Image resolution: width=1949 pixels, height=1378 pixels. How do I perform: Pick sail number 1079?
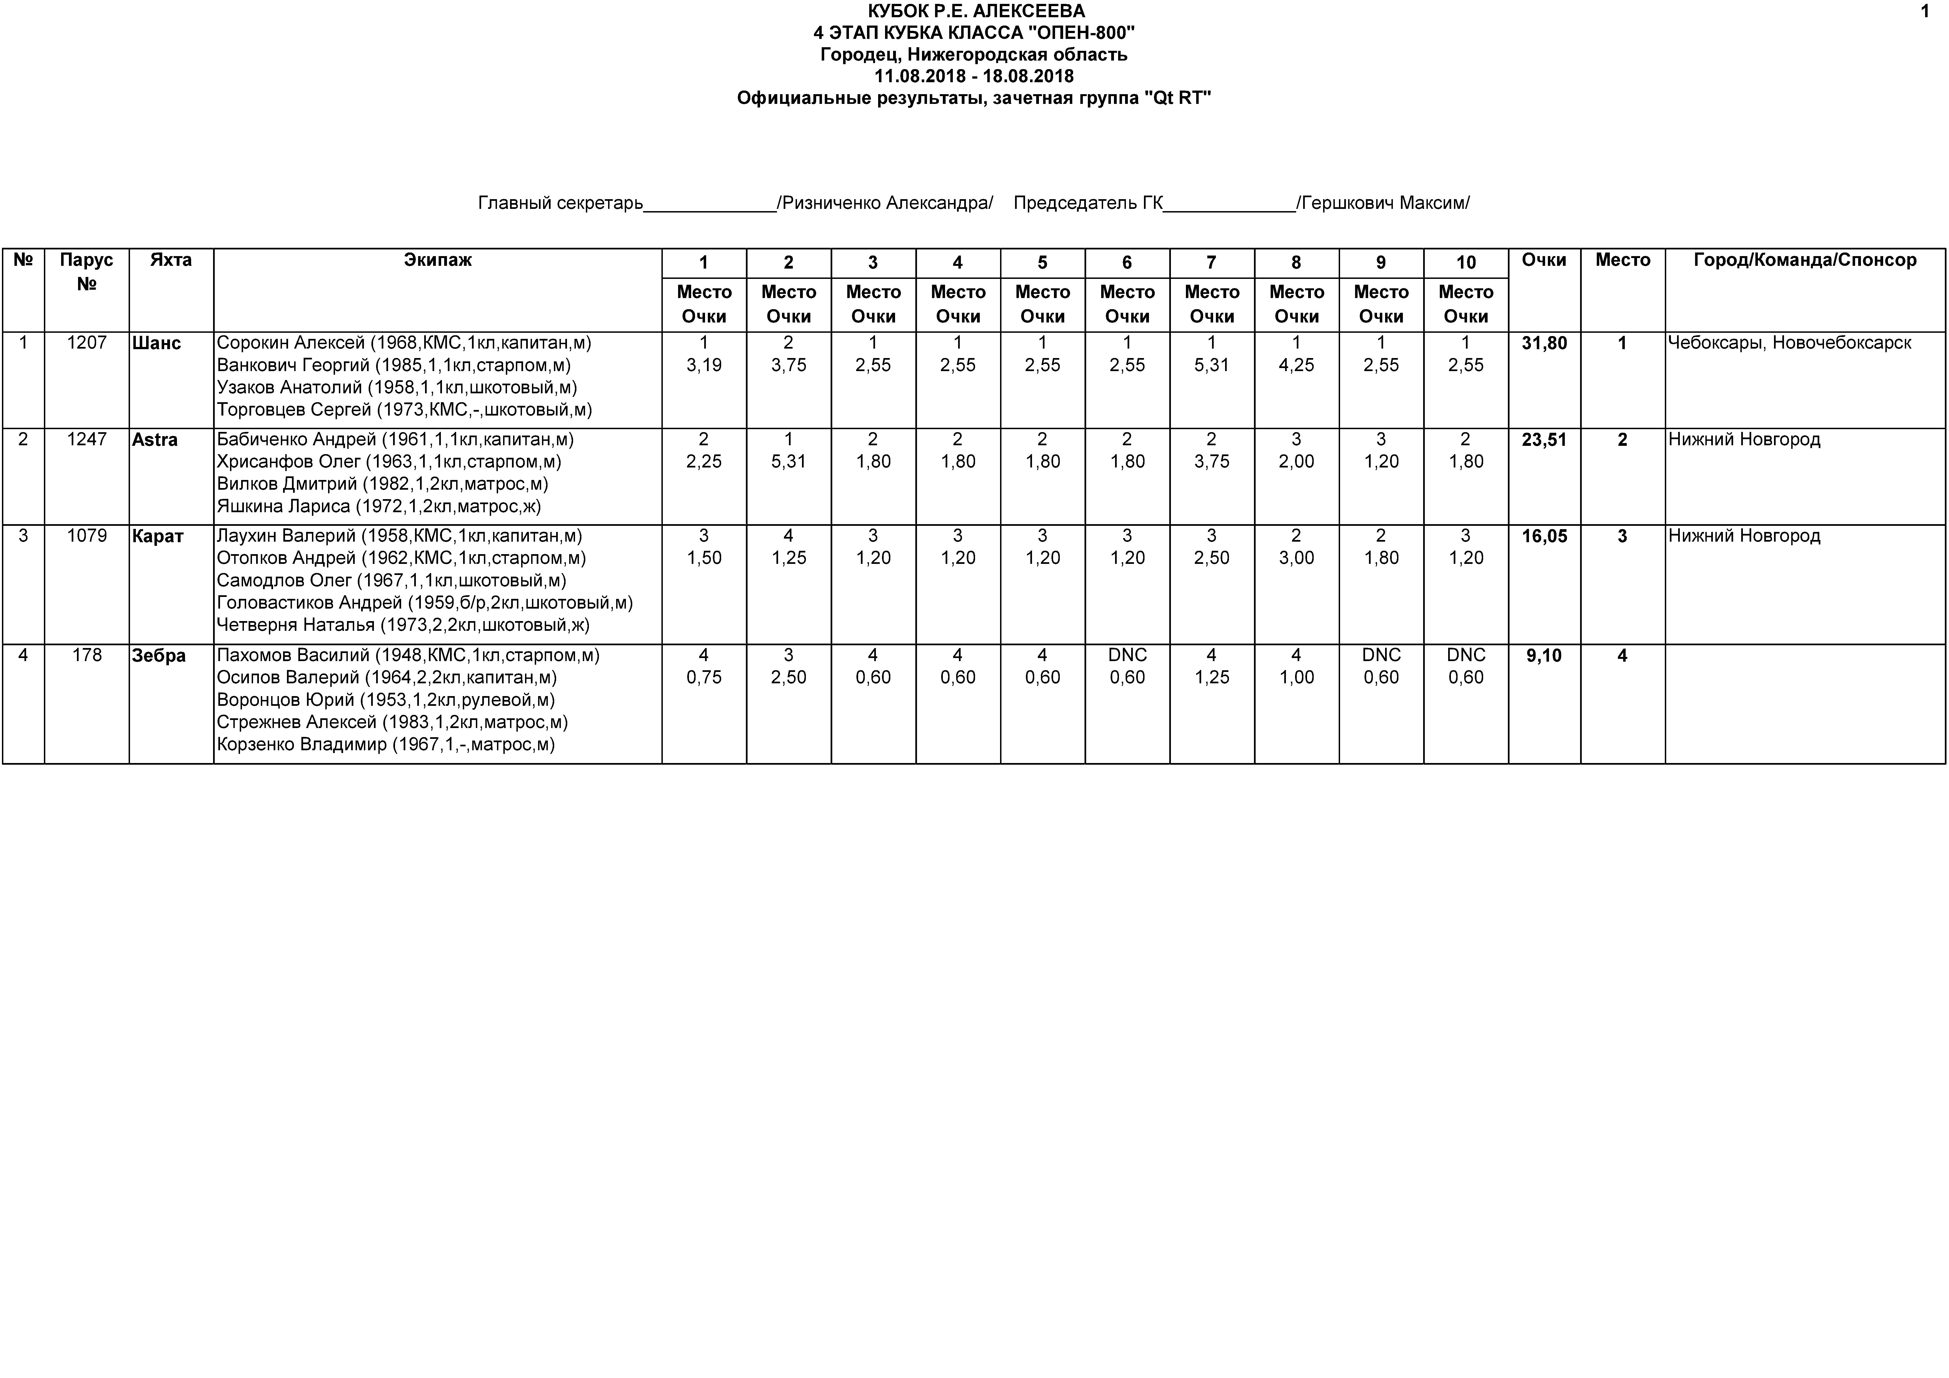pos(87,536)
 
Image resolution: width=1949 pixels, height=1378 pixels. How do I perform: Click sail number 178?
pos(87,656)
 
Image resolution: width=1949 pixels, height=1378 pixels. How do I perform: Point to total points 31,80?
pos(1544,343)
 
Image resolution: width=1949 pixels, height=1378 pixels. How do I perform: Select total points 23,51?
pos(1544,440)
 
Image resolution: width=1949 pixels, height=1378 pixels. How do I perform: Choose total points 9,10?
pos(1544,656)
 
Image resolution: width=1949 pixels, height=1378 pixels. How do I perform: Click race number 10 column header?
pos(1466,262)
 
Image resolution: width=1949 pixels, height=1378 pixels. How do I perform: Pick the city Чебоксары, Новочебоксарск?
pos(1790,343)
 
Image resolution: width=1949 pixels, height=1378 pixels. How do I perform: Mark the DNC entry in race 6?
pos(1127,656)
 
